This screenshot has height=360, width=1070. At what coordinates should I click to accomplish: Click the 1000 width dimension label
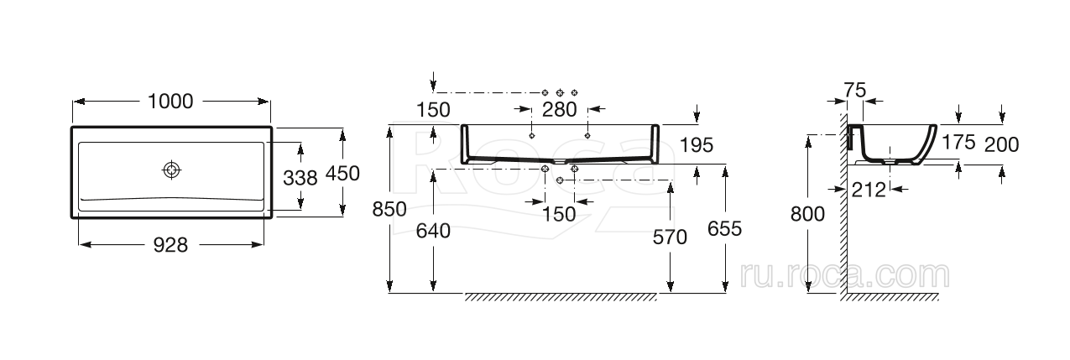[x=170, y=102]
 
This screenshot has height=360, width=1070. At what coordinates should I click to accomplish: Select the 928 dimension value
[x=170, y=245]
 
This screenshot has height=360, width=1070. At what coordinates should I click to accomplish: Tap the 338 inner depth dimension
[x=300, y=178]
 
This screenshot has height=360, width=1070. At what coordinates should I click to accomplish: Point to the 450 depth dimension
[x=342, y=174]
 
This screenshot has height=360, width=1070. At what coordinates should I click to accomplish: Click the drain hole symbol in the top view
[x=171, y=170]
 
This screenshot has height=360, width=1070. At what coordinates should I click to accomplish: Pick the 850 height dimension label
[x=389, y=209]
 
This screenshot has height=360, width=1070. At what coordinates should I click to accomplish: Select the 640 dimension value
[x=433, y=231]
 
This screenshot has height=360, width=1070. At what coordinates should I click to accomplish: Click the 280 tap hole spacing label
[x=560, y=110]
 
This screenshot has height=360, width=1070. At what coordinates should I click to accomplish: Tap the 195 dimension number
[x=697, y=145]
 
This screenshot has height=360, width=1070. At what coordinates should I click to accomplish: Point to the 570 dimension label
[x=670, y=237]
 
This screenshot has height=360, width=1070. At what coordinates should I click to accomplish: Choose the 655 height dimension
[x=724, y=229]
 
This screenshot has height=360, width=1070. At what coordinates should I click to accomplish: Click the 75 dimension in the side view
[x=855, y=90]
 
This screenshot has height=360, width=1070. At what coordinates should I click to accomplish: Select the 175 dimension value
[x=958, y=142]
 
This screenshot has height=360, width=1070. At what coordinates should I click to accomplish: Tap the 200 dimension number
[x=1002, y=144]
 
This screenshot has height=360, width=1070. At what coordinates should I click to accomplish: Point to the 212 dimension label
[x=869, y=190]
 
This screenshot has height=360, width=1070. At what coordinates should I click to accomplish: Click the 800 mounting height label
[x=808, y=214]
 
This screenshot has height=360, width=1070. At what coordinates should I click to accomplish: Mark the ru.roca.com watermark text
[x=844, y=275]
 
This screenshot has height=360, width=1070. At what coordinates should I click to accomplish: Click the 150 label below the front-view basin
[x=559, y=214]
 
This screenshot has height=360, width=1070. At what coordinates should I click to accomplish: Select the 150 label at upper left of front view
[x=433, y=110]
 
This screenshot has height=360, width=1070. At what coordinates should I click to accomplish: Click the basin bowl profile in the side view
[x=891, y=144]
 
